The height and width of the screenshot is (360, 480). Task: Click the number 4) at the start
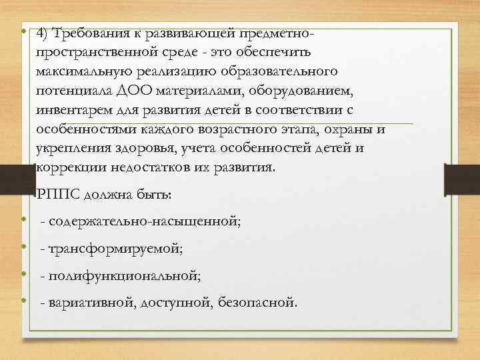coord(44,33)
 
